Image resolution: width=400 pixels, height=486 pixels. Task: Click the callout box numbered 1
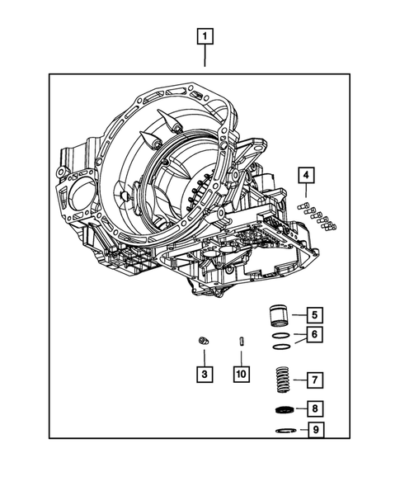pos(205,36)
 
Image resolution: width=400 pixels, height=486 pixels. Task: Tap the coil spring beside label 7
pos(283,380)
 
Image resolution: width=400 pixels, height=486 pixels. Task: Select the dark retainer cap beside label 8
pos(283,411)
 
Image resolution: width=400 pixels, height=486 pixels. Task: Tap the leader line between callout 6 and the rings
pos(300,335)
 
